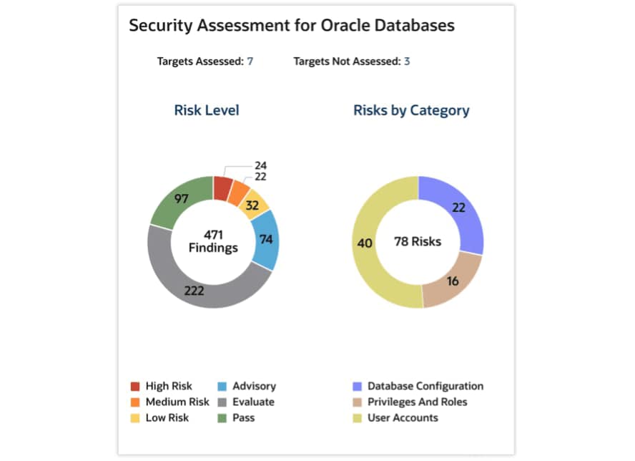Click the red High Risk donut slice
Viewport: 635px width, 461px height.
point(223,188)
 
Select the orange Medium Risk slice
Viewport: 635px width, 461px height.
point(240,194)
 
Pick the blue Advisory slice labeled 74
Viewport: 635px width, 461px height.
point(266,239)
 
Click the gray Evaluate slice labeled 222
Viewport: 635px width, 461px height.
point(195,290)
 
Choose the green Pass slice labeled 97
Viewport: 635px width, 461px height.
point(175,200)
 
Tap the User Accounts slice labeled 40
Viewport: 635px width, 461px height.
point(365,243)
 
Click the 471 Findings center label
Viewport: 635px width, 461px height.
point(213,241)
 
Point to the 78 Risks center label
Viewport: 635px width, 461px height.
point(418,242)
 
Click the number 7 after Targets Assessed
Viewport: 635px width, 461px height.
point(250,62)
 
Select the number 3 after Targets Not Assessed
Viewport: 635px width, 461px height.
point(406,62)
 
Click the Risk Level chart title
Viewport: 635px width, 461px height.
point(207,110)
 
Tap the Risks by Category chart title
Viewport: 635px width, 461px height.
point(411,110)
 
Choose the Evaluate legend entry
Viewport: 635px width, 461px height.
point(252,402)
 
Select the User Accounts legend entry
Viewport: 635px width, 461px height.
point(403,418)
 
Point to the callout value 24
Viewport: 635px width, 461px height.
point(260,165)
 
